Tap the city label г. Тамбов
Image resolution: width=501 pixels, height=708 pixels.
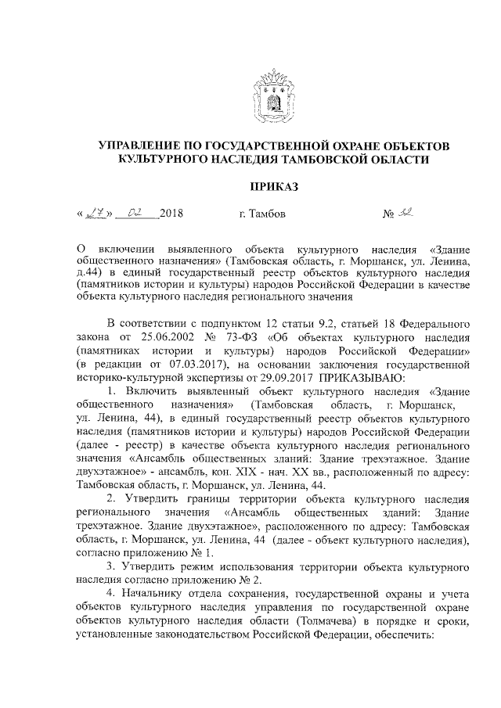(262, 214)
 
